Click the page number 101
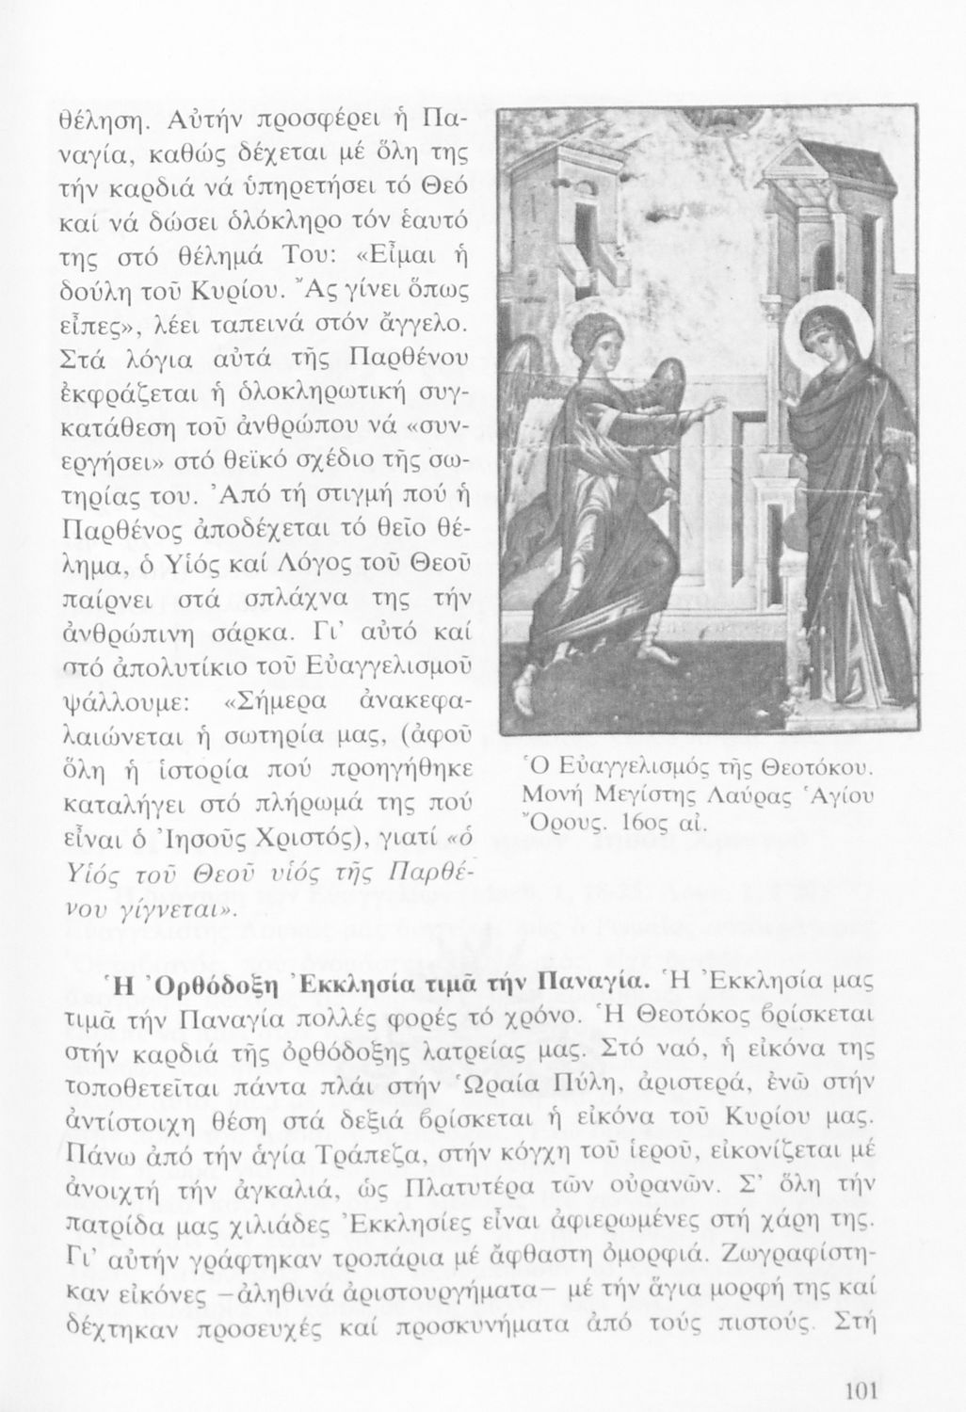861,1390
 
